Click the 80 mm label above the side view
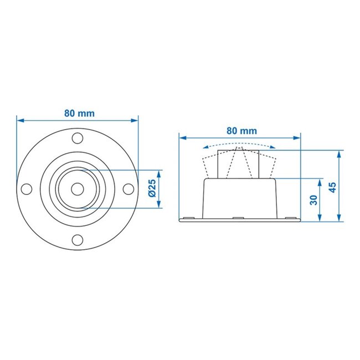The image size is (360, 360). point(241,131)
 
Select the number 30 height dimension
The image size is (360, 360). point(313,199)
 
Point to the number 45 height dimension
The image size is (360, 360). point(332,187)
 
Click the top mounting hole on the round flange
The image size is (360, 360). point(77,137)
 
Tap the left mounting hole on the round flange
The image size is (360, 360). point(26,188)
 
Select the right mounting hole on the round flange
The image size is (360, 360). point(128,188)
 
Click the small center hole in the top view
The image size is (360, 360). point(77,188)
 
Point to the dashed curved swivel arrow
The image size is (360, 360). point(239,145)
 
